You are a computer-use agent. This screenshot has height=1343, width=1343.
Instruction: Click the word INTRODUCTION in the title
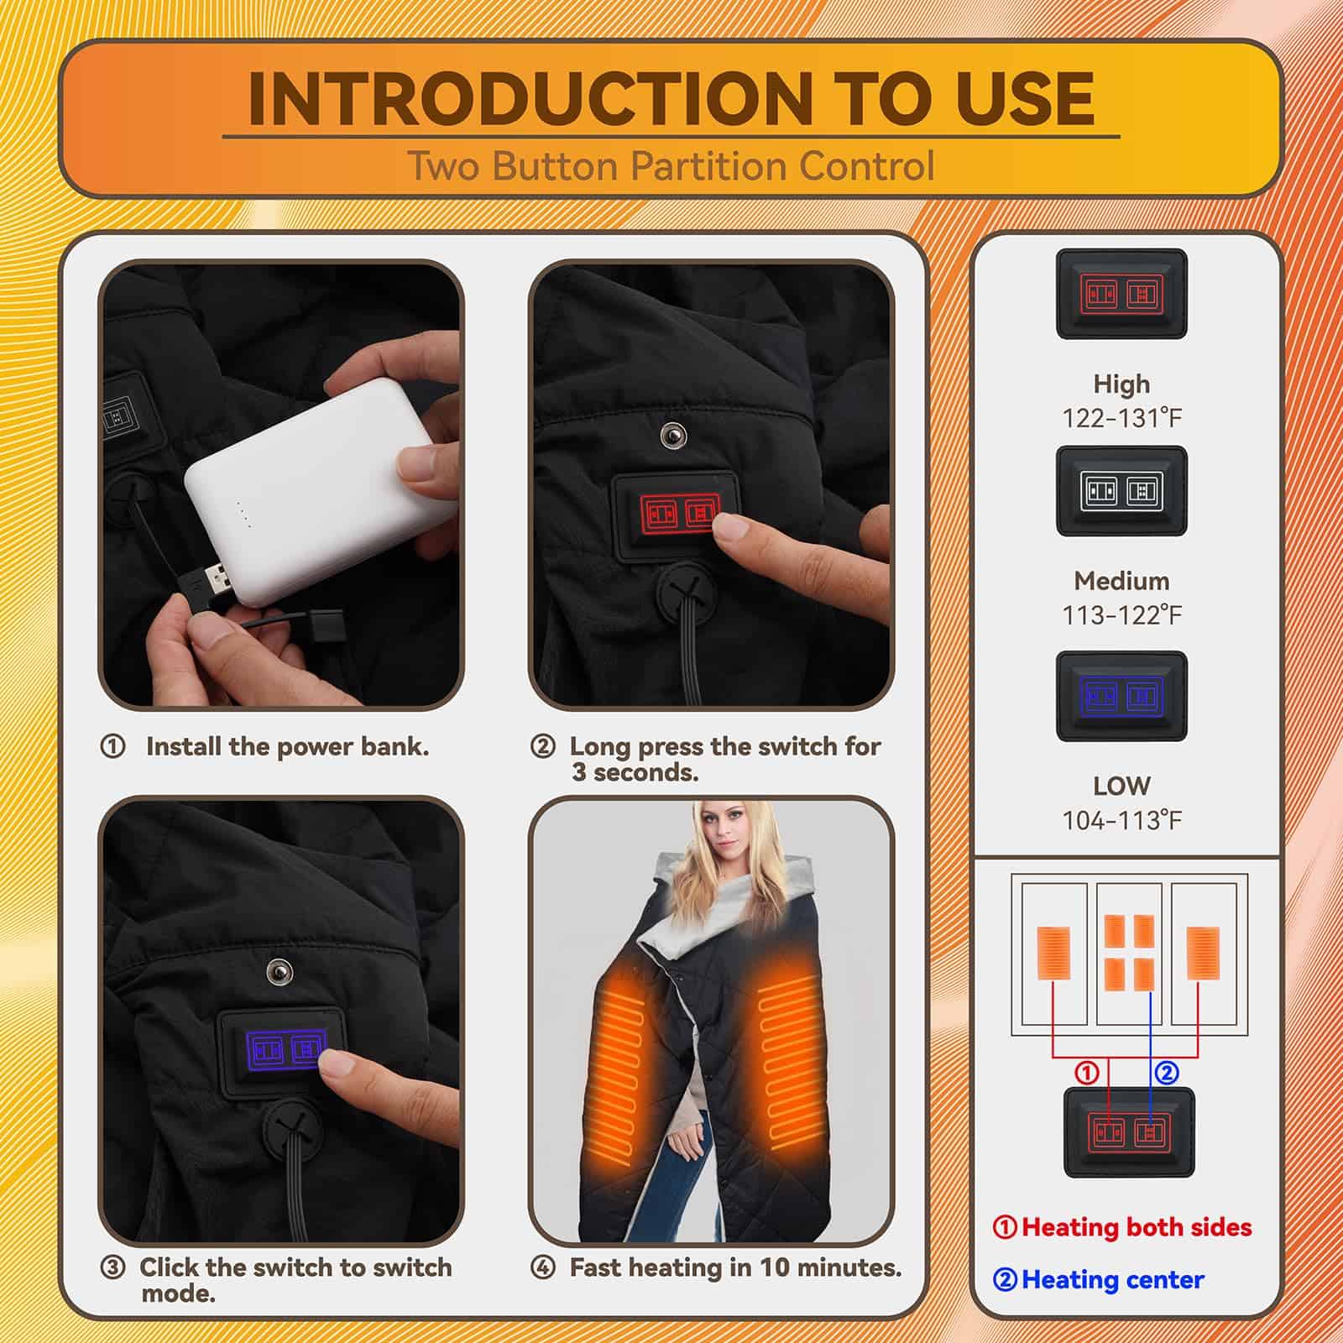(530, 98)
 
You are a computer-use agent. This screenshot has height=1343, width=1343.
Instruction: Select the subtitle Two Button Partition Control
(671, 166)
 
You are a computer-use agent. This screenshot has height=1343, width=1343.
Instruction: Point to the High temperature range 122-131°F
(1122, 417)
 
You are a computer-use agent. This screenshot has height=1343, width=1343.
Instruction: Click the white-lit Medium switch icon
(1121, 491)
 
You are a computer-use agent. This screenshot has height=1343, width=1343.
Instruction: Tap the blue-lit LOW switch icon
(1121, 696)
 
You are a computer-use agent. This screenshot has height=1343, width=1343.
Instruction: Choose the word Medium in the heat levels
(1121, 581)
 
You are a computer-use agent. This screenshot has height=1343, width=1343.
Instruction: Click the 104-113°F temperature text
(1122, 820)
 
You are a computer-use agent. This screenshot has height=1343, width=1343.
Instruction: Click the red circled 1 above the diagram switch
(1087, 1073)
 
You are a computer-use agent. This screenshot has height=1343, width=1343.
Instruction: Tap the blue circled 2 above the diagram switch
(1168, 1073)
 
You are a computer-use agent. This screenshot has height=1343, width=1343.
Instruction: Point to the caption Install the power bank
(287, 746)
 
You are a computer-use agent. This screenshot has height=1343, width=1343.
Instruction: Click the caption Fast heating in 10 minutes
(735, 1267)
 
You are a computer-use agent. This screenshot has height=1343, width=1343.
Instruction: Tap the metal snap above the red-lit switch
(671, 435)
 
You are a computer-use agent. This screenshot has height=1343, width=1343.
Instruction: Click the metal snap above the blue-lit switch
(279, 972)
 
